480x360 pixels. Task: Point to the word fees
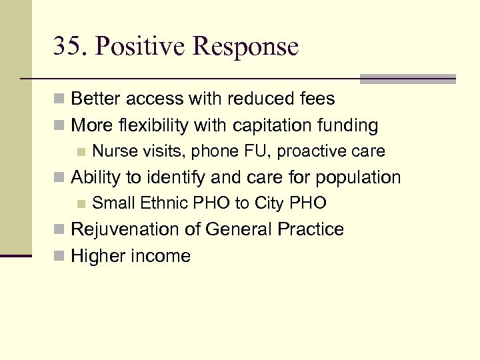tap(316, 99)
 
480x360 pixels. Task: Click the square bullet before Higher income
tap(60, 257)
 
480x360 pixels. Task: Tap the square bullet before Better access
tap(60, 100)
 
